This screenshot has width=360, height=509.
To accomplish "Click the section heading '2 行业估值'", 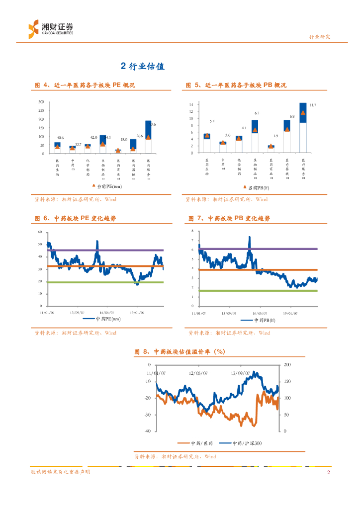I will click(143, 66).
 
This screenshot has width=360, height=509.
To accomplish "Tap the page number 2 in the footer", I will click(328, 472).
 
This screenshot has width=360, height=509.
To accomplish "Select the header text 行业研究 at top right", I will click(320, 37).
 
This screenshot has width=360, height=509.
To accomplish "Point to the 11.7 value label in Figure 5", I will click(313, 105).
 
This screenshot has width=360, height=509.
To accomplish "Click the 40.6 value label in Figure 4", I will click(60, 137).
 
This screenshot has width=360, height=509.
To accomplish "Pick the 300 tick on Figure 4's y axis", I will click(41, 102).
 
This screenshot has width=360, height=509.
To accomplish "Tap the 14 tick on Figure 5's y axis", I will click(190, 105).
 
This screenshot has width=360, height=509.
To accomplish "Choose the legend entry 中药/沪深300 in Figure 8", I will click(241, 443).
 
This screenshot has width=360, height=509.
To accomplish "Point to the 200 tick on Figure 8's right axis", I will click(286, 365).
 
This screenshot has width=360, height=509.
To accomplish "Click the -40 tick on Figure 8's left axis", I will click(148, 431).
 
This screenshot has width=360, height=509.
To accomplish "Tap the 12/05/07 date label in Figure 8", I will click(198, 372).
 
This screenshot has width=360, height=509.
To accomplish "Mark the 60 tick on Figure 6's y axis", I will click(40, 233).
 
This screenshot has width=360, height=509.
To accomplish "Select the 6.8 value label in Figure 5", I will click(292, 116).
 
